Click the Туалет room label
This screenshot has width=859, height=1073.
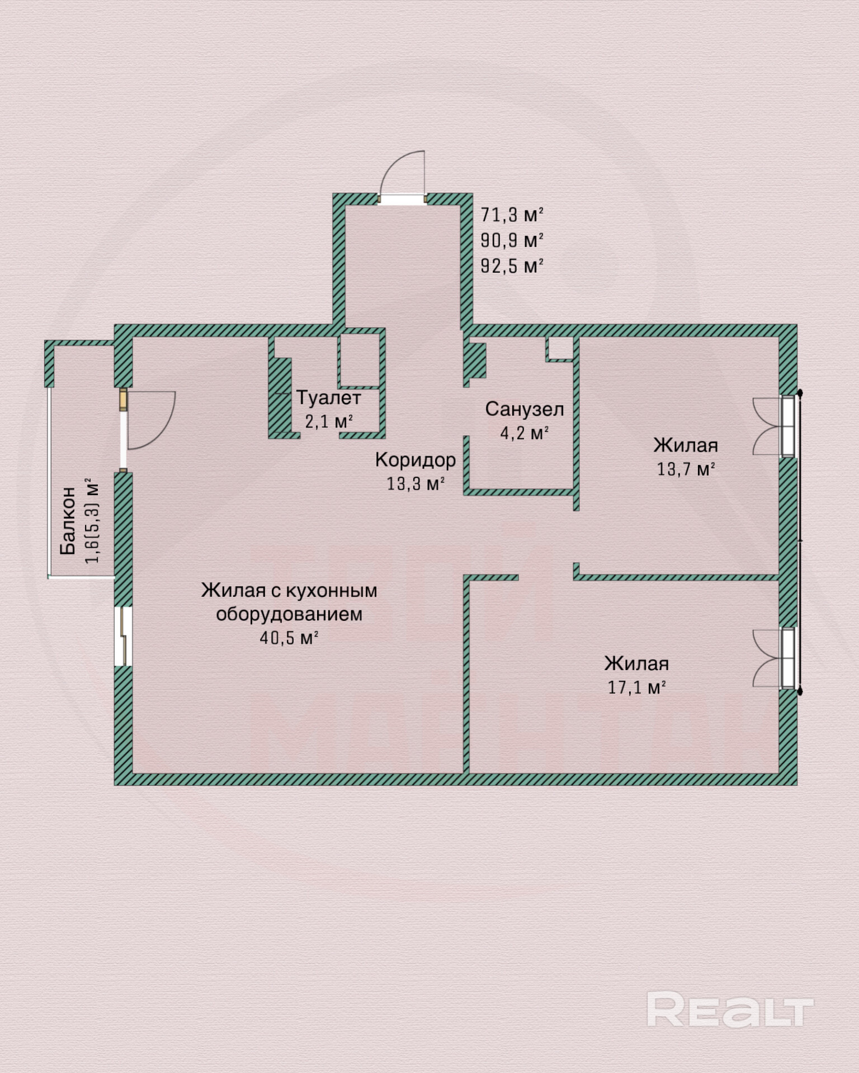[329, 398]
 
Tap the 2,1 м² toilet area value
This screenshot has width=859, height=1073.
[329, 421]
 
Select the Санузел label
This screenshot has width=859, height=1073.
[524, 409]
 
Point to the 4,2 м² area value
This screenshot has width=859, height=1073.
[524, 433]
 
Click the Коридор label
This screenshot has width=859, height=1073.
[416, 460]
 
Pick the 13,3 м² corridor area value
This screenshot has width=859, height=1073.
[416, 483]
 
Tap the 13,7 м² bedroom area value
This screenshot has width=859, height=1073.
[686, 469]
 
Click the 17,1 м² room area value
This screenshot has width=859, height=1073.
[636, 687]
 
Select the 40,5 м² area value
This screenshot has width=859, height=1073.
[289, 638]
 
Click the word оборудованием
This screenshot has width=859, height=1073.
[289, 614]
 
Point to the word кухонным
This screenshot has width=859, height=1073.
[332, 591]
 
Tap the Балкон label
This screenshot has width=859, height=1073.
[68, 520]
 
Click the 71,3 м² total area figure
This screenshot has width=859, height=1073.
[512, 215]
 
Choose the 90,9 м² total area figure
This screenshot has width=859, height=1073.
[512, 240]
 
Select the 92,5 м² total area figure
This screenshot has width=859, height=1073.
[512, 266]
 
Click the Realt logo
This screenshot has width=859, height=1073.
[729, 1009]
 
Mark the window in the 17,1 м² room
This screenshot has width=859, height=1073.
[787, 658]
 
